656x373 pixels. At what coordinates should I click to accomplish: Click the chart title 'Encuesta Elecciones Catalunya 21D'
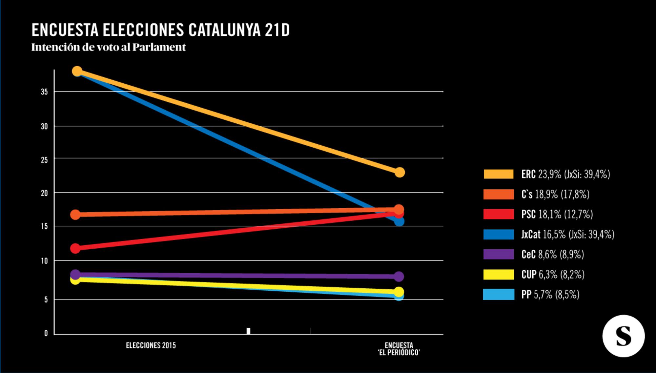[160, 30]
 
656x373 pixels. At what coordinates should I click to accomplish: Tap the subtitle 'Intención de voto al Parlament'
[109, 47]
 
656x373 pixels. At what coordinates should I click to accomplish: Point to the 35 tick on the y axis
[44, 92]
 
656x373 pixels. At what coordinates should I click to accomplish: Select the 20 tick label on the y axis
[44, 193]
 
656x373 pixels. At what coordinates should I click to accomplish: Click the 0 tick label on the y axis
[46, 333]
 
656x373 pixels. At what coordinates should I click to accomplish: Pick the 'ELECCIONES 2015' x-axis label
[151, 345]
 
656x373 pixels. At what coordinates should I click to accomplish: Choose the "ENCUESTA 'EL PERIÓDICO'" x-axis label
[399, 349]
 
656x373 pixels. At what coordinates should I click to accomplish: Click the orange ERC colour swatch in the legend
[499, 174]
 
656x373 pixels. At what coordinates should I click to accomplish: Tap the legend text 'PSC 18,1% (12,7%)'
[557, 214]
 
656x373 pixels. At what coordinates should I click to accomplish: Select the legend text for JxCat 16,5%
[568, 234]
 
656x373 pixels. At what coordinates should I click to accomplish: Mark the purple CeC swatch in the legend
[499, 254]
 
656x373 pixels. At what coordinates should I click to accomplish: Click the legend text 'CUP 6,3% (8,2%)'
[553, 274]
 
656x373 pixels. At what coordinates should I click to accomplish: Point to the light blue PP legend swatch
[499, 294]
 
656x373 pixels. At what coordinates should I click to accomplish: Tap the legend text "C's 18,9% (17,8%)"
[555, 194]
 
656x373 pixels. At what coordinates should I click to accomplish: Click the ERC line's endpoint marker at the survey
[400, 172]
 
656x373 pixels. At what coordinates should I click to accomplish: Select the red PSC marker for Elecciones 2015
[75, 248]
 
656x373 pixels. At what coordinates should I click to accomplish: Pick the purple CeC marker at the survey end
[399, 277]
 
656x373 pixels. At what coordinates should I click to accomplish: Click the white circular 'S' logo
[623, 336]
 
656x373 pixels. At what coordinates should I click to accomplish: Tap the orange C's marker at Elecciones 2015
[75, 215]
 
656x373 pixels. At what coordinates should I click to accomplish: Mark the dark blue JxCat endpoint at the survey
[399, 221]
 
